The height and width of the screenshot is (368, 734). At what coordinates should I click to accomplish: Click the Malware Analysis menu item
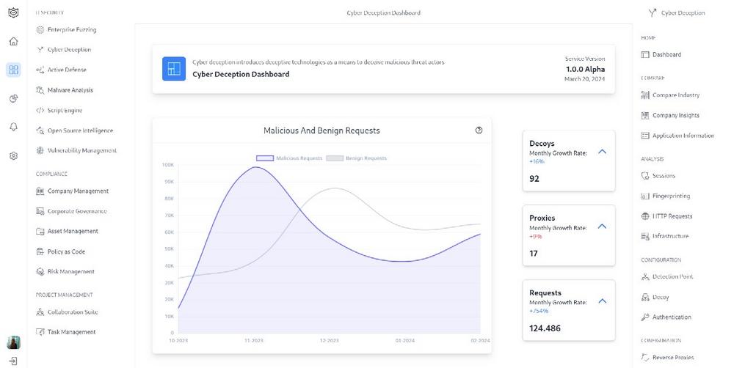click(70, 90)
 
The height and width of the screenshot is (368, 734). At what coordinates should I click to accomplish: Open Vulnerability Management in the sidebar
click(81, 150)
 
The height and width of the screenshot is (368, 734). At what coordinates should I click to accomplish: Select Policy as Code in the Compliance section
click(66, 251)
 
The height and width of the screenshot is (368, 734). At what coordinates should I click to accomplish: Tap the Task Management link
click(71, 332)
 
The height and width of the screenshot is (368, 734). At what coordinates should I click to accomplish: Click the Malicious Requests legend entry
click(289, 158)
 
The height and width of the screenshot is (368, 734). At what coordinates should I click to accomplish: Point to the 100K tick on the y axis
click(167, 165)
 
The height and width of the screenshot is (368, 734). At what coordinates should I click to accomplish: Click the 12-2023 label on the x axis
click(329, 341)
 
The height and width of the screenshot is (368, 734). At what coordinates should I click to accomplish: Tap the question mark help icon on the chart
click(479, 130)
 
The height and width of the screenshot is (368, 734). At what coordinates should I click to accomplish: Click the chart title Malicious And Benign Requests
click(321, 130)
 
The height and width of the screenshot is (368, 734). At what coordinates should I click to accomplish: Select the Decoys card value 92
click(534, 178)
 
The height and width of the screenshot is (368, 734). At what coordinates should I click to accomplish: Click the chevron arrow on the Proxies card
click(602, 226)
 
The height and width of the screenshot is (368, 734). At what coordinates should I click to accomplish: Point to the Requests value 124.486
click(545, 328)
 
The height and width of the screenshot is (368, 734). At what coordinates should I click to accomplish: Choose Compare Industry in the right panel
click(675, 95)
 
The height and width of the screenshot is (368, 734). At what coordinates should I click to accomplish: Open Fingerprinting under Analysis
click(671, 196)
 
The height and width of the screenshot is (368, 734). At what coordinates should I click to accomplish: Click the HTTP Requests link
click(672, 216)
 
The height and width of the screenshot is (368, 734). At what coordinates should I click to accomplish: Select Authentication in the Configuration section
click(672, 317)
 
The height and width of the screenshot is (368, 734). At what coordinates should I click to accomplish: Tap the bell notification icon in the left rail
click(13, 127)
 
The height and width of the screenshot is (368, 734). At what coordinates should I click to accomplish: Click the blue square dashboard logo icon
click(174, 69)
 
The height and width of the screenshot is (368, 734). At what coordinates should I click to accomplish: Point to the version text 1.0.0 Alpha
click(585, 68)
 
